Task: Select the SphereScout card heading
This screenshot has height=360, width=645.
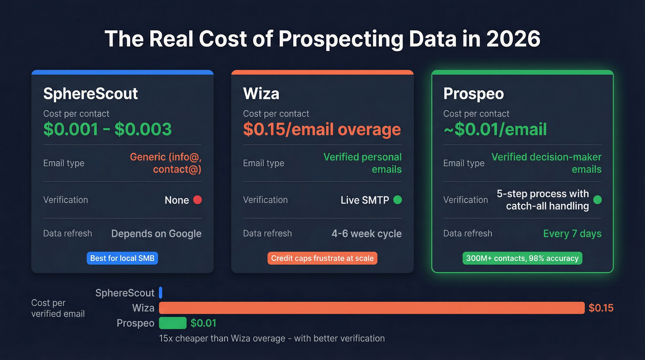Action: (90, 94)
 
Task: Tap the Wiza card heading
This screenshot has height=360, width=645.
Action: (261, 94)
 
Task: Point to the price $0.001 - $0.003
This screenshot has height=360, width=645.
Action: (107, 130)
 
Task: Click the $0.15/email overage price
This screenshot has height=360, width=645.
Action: (322, 130)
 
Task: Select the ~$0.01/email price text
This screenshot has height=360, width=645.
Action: (495, 130)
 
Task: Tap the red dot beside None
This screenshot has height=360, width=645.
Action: (197, 200)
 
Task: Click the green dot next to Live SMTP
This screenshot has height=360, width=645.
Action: (398, 200)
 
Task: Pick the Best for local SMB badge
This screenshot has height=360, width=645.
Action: (122, 258)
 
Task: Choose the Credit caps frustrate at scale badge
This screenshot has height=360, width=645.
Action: (322, 258)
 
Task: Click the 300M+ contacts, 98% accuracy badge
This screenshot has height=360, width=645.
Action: (522, 258)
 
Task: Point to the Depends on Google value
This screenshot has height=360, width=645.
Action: (156, 234)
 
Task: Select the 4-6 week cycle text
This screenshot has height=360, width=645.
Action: (366, 234)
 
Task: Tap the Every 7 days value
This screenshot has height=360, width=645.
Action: (572, 234)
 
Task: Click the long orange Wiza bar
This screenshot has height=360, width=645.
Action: (371, 308)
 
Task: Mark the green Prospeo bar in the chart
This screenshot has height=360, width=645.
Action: (173, 323)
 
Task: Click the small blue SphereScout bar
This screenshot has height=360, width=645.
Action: (161, 293)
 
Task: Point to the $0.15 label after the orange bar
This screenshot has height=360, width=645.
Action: (601, 308)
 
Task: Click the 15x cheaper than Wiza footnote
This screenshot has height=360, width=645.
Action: (271, 338)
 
